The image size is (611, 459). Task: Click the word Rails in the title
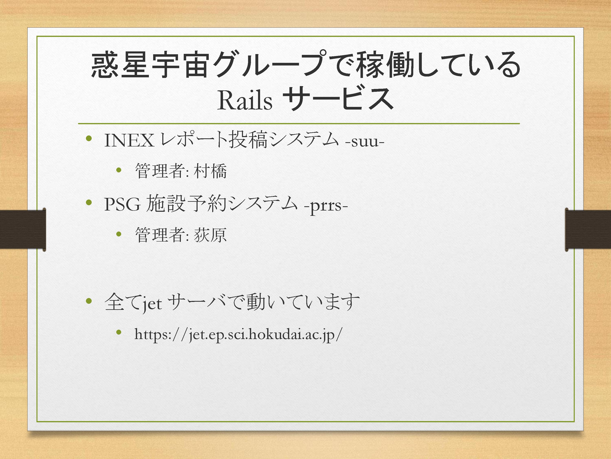[x=245, y=100]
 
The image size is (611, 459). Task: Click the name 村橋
[x=210, y=171]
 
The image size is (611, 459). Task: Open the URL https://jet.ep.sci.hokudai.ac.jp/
[x=238, y=334]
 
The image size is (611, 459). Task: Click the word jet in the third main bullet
[x=152, y=304]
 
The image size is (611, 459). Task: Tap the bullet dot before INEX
[x=89, y=138]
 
